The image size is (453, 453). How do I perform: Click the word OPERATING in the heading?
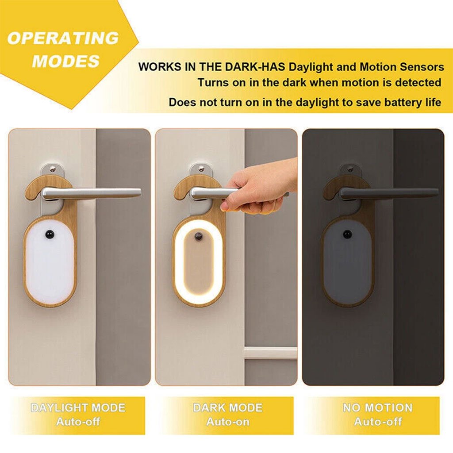pyautogui.click(x=63, y=38)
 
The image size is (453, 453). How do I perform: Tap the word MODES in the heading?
pyautogui.click(x=66, y=61)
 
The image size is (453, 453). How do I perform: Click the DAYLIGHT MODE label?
pyautogui.click(x=78, y=408)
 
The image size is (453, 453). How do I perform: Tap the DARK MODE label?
pyautogui.click(x=227, y=408)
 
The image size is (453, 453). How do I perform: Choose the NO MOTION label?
pyautogui.click(x=377, y=408)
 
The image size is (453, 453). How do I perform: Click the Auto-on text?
pyautogui.click(x=227, y=422)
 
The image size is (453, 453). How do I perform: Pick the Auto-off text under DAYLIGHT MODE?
pyautogui.click(x=78, y=422)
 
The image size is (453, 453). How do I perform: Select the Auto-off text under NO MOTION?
pyautogui.click(x=377, y=422)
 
